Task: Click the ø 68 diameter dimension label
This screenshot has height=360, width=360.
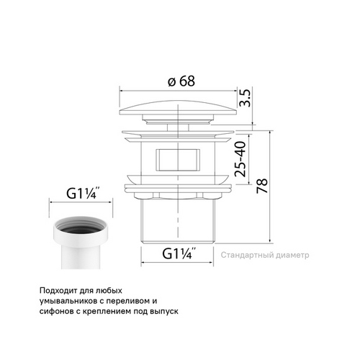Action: click(x=181, y=81)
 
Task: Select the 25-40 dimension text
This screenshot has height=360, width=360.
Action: click(x=240, y=159)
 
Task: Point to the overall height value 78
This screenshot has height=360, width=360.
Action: click(x=262, y=186)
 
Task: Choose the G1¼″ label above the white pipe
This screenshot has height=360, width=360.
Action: click(x=82, y=193)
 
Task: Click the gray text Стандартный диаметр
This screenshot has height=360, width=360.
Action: click(x=265, y=255)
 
